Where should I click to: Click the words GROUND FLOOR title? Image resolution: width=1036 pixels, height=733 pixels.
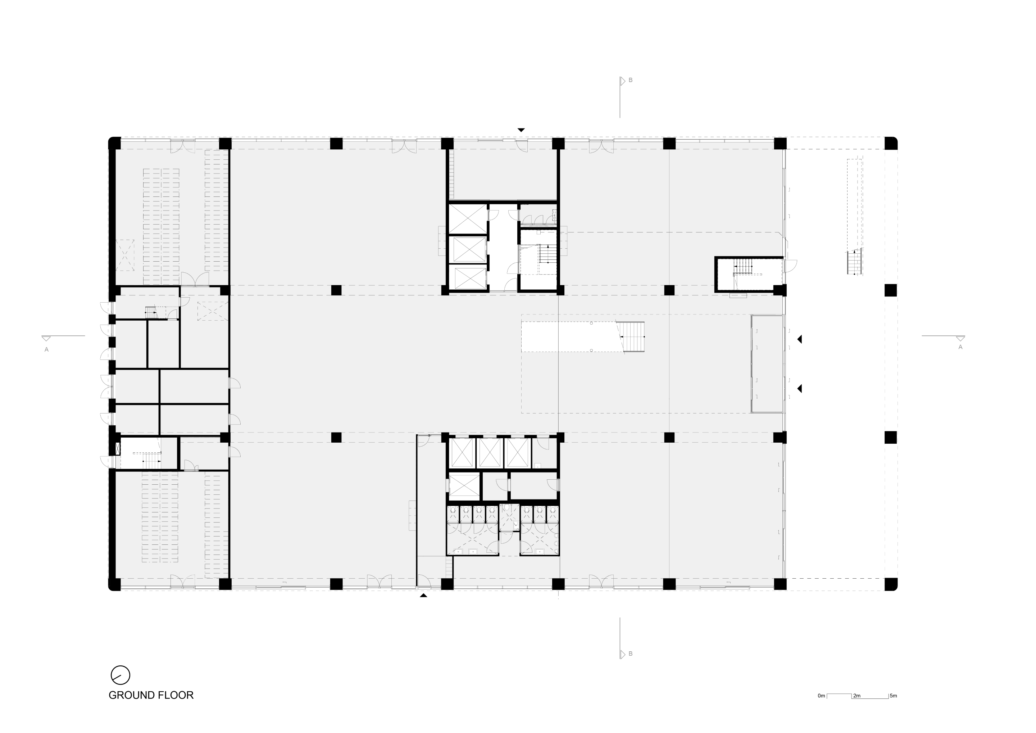[151, 695]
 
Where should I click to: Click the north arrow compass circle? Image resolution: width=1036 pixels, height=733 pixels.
[121, 675]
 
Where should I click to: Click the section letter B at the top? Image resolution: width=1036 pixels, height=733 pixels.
[630, 80]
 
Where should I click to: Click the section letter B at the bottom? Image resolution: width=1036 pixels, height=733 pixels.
[630, 653]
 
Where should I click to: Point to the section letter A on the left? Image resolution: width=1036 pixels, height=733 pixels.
[46, 349]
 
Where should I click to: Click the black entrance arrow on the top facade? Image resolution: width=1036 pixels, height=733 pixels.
[521, 130]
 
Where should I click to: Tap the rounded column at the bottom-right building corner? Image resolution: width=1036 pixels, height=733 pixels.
[891, 584]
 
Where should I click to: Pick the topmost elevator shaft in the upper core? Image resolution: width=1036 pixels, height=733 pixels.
[468, 218]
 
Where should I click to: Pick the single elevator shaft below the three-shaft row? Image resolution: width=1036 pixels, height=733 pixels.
[464, 486]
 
